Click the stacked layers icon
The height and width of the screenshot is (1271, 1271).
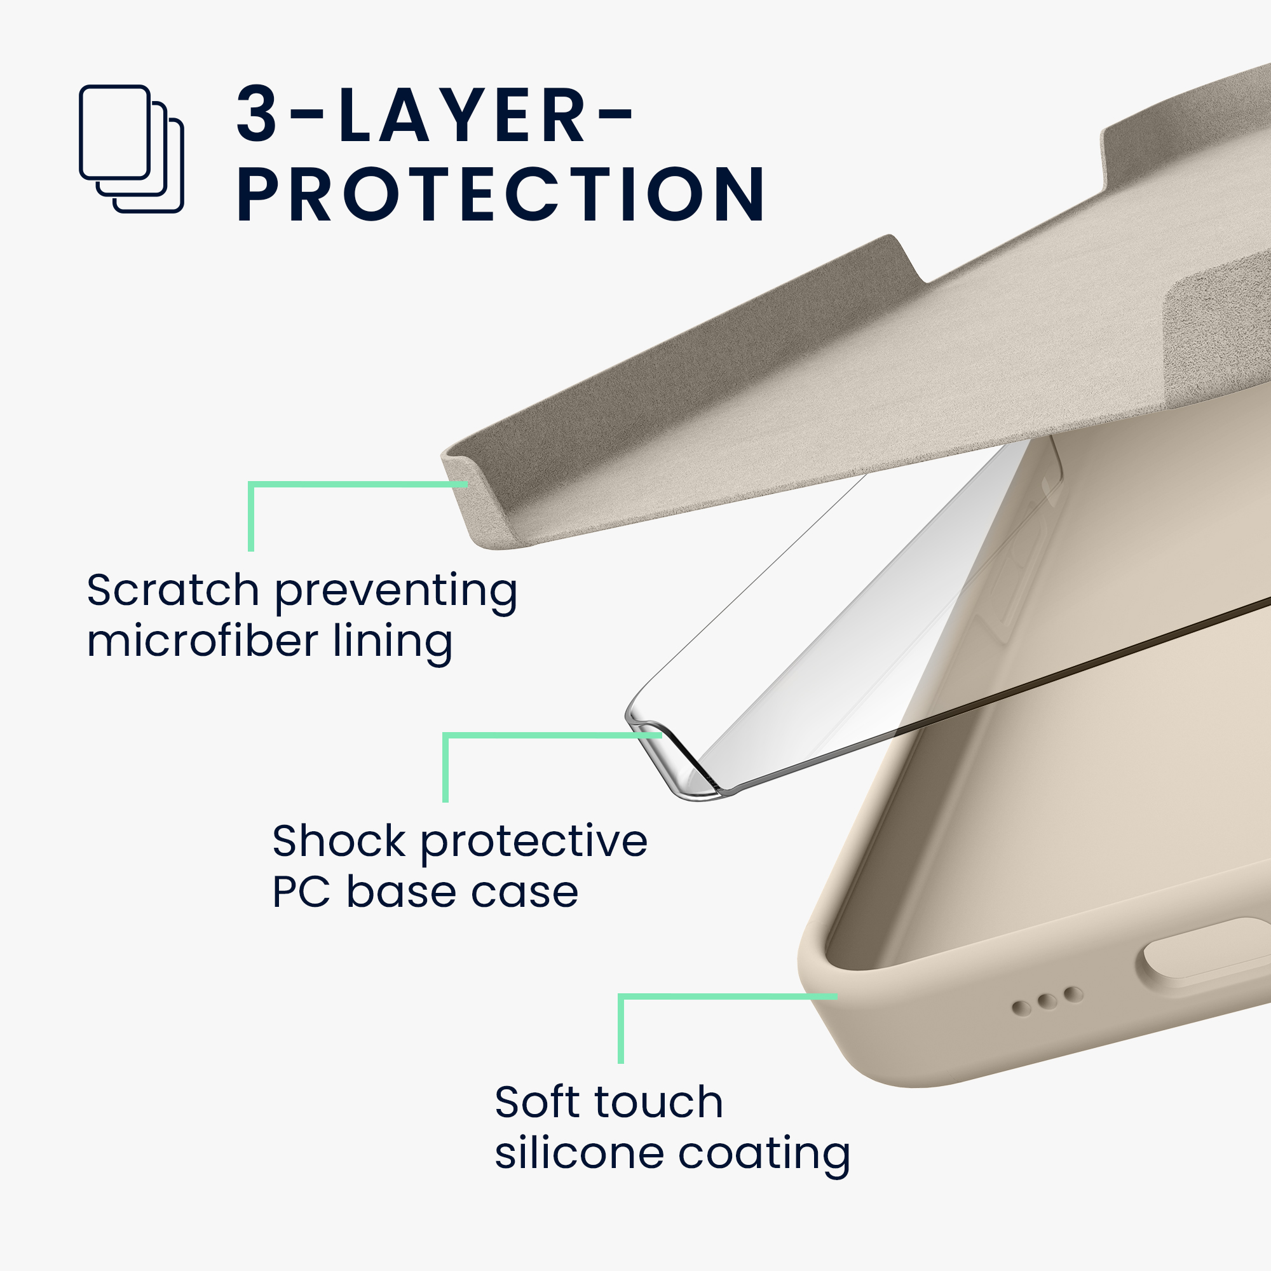tap(131, 149)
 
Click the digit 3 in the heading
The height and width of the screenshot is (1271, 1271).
tap(257, 114)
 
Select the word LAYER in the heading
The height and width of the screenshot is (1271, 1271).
tap(463, 114)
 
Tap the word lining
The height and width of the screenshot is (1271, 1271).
tap(393, 641)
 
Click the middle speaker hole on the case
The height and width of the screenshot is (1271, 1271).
tap(1047, 1002)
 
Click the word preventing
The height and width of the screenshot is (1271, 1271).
tap(395, 590)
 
